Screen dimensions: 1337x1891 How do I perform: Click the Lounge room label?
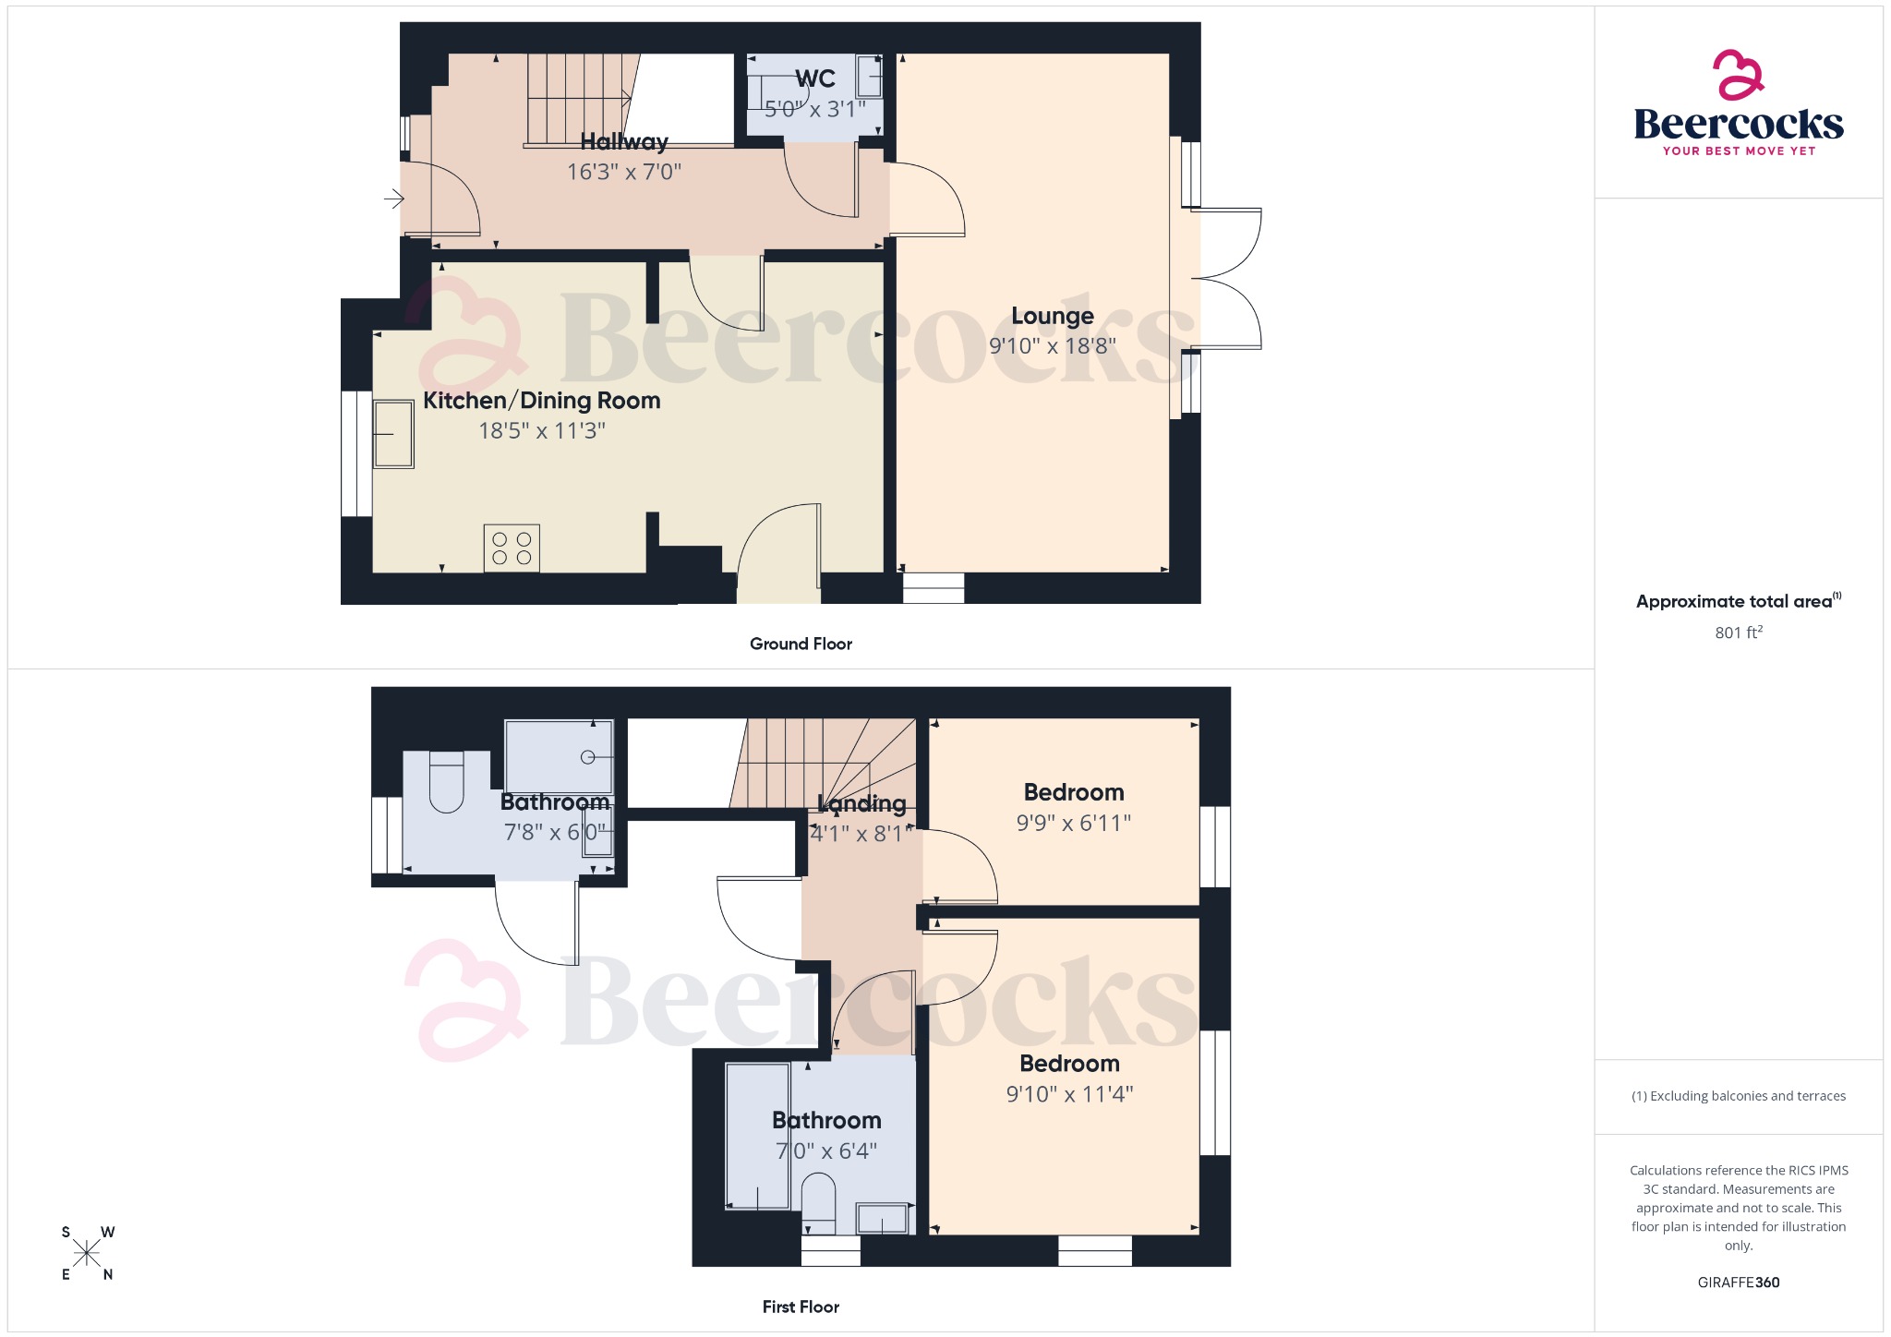point(1052,316)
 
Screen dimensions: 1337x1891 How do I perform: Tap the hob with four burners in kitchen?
point(512,548)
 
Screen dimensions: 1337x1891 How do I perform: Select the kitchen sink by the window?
point(393,434)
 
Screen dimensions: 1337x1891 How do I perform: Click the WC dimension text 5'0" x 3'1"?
point(814,109)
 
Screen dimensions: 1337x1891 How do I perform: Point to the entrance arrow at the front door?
point(394,198)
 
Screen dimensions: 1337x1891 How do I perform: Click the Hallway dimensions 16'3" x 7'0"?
point(623,172)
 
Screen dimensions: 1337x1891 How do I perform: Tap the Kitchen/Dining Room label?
point(541,401)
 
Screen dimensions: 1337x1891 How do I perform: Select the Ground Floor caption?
point(800,644)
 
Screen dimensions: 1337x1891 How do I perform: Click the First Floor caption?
point(800,1307)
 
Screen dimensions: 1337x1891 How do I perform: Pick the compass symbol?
point(87,1253)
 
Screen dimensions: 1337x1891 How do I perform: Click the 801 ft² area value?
point(1738,632)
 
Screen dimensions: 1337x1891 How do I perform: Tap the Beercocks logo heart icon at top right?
point(1738,75)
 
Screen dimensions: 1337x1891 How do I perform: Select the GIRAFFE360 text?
point(1738,1283)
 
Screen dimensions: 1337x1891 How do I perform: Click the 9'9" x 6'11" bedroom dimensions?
point(1073,823)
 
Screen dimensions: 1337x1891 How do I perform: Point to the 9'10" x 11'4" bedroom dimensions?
point(1069,1094)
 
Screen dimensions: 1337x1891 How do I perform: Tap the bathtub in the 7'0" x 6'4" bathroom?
point(757,1136)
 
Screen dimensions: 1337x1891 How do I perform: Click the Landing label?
point(861,803)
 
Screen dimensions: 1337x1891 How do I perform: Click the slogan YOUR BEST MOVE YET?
point(1738,151)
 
